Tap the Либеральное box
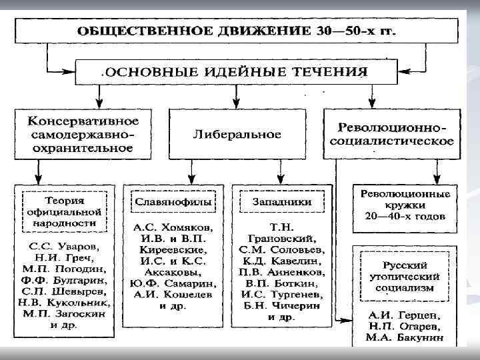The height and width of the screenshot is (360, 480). tap(237, 134)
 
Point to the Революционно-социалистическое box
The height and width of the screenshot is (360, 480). tap(395, 134)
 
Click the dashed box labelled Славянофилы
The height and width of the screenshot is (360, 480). tap(173, 201)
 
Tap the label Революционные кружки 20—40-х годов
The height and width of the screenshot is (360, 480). tap(405, 205)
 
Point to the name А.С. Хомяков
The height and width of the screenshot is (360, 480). tap(173, 227)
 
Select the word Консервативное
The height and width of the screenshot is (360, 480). tap(83, 121)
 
